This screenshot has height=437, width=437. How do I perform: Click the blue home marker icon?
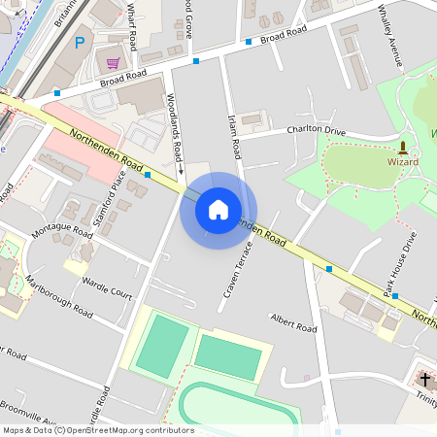click(x=218, y=210)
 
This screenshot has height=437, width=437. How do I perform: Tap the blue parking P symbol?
click(x=80, y=42)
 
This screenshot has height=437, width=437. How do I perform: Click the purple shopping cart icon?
click(x=114, y=63)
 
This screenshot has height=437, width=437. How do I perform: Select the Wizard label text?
click(x=403, y=162)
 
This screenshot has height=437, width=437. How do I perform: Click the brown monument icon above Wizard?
click(x=403, y=148)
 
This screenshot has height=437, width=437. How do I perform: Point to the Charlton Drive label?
click(x=316, y=130)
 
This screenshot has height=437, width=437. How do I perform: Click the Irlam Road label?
click(x=235, y=137)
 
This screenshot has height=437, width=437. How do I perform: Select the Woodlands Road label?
click(x=175, y=126)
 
